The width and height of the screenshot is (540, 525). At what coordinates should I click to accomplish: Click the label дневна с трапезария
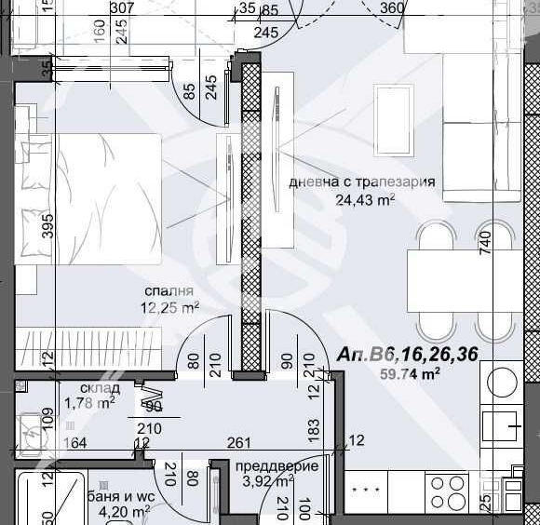[362, 182]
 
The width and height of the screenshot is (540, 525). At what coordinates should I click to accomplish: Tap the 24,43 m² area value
[366, 198]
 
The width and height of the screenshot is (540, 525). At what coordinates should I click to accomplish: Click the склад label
[98, 387]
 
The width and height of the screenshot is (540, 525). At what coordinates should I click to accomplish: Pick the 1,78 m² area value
[89, 403]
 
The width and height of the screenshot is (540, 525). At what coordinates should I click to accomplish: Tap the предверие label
[277, 466]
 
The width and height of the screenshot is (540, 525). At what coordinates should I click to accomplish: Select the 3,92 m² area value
[268, 481]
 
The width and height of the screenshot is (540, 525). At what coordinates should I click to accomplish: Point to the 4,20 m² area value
[125, 511]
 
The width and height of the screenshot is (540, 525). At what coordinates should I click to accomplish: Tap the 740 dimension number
[483, 243]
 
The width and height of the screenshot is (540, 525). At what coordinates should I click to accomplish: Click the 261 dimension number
[241, 442]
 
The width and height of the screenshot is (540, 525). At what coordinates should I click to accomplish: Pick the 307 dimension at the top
[121, 8]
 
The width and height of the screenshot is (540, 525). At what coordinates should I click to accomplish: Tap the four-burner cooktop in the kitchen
[448, 491]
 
